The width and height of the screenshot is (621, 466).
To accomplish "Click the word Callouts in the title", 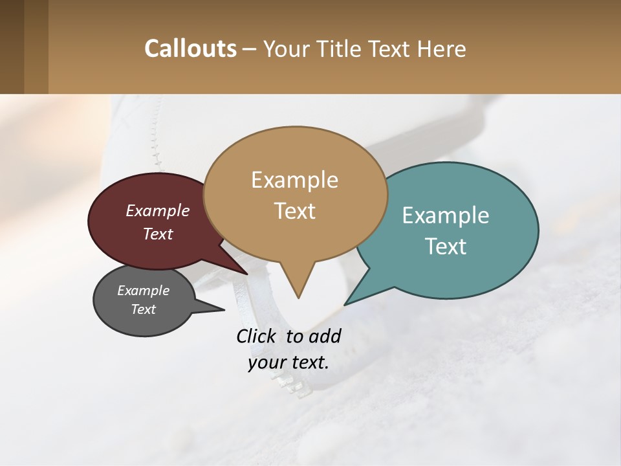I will coord(190,49).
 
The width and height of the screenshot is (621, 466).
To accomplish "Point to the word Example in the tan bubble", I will coord(294,180).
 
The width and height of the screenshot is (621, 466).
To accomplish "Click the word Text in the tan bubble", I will coord(294,211).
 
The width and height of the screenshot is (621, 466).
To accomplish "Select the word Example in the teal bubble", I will coord(446,216).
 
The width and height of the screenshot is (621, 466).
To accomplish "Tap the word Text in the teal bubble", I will coord(446,247).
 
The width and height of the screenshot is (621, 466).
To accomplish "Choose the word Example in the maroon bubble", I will coord(157,211).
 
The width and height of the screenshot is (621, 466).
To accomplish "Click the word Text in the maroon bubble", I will coord(157,234).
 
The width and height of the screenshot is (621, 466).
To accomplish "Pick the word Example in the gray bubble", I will coord(143,291).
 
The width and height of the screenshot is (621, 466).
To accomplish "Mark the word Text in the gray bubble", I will coord(143,309).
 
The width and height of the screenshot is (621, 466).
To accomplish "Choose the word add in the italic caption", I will coord(324,336).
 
